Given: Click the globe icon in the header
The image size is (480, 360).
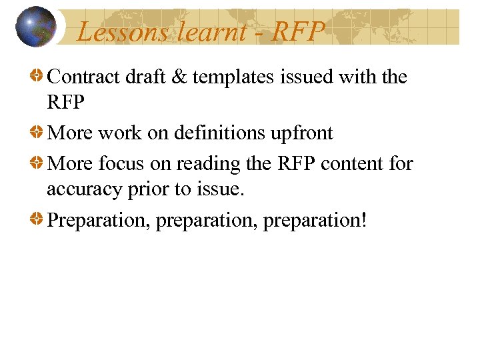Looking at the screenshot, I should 35,27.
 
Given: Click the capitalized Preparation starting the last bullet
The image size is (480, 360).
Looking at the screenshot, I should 99,221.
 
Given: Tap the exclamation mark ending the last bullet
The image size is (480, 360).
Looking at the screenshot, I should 363,219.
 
